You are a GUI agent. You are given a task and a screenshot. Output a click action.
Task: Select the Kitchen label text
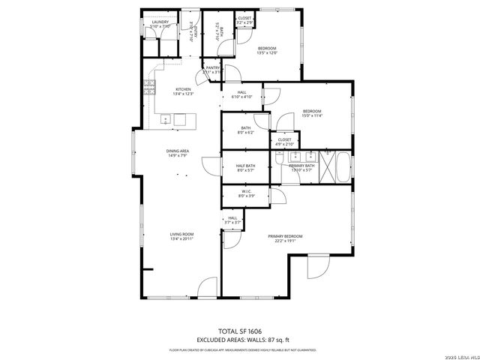coord(184,90)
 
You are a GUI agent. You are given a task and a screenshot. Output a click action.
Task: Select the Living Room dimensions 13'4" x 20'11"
coord(181,238)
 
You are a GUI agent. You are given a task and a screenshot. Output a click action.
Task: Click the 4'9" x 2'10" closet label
coord(284,141)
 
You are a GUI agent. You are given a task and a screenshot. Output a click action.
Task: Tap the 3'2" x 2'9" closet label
coord(244,19)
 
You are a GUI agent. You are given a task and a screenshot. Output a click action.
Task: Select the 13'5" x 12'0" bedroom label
coord(267,50)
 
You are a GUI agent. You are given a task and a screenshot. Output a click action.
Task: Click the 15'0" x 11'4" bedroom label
coord(311,113)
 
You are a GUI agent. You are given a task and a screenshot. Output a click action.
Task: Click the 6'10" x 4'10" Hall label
coord(241,95)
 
